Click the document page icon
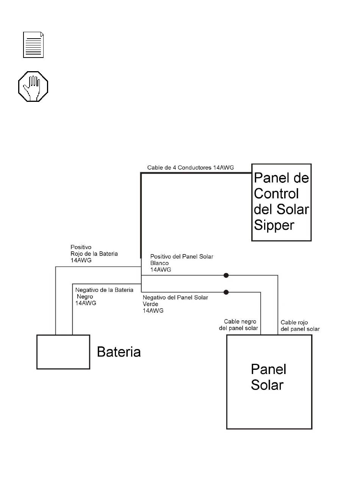click(33, 45)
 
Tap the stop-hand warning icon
click(33, 86)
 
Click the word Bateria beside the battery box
click(119, 352)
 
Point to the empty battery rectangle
click(63, 352)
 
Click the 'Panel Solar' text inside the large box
click(268, 377)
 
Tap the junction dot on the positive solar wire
click(226, 275)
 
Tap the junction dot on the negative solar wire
click(226, 292)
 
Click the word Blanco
click(160, 263)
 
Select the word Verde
click(150, 304)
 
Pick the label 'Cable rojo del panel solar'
click(300, 326)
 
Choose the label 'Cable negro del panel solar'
click(238, 324)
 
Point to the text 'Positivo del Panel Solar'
click(182, 257)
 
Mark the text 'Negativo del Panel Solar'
click(175, 298)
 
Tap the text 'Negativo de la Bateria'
click(104, 290)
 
